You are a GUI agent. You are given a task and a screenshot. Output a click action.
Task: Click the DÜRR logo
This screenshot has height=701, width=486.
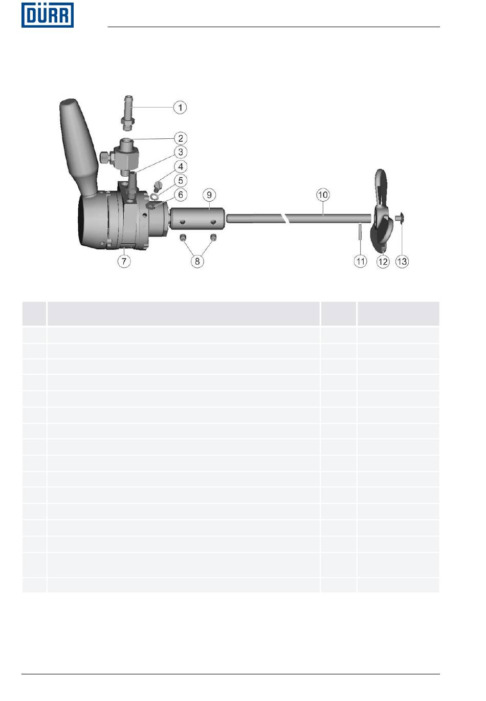(x=48, y=15)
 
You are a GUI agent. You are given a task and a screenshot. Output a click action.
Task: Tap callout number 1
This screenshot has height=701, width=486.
(x=180, y=108)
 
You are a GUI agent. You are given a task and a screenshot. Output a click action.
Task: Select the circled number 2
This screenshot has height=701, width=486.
(x=181, y=138)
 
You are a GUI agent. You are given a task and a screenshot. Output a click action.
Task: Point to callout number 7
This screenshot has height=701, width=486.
(x=124, y=261)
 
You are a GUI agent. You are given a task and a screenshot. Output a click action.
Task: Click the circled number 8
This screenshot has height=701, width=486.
(x=197, y=261)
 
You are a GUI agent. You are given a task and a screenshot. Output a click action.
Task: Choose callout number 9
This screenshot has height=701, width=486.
(x=209, y=195)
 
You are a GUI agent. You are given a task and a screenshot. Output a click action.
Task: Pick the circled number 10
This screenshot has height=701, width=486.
(x=323, y=195)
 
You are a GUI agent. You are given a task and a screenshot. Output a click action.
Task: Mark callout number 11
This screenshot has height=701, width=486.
(x=360, y=261)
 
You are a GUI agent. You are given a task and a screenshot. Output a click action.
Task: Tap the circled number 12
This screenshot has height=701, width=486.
(x=383, y=261)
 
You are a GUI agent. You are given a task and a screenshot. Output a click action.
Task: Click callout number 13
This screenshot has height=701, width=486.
(x=402, y=261)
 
